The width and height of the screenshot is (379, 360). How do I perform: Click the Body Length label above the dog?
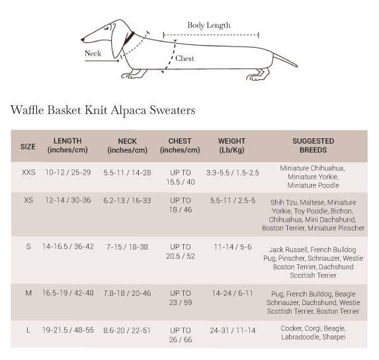click(208, 25)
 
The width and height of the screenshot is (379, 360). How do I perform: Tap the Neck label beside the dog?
click(93, 54)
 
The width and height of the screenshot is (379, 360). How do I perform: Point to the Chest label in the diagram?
click(185, 58)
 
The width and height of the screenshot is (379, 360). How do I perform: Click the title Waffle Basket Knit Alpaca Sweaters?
click(103, 110)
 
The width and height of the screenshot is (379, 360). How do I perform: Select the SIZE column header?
click(28, 146)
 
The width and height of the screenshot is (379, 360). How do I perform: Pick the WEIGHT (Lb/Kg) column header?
click(232, 146)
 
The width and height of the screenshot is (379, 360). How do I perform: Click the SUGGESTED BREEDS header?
click(313, 146)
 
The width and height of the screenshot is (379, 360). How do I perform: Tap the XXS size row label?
click(28, 172)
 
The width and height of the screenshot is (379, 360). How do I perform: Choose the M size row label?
click(28, 293)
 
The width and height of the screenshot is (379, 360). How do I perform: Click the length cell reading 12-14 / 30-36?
click(68, 200)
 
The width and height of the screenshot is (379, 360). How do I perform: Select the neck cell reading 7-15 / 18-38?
click(127, 247)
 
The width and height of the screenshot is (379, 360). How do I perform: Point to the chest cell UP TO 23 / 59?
click(180, 298)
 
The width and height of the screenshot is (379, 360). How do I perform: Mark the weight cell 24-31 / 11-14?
click(232, 330)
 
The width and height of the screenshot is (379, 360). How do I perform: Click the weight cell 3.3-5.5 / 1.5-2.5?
click(232, 172)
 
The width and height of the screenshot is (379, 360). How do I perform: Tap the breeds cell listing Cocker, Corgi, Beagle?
click(313, 334)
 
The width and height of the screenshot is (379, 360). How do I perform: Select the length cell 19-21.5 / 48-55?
click(68, 330)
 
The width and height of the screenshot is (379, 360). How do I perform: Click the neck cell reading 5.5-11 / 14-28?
click(127, 172)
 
